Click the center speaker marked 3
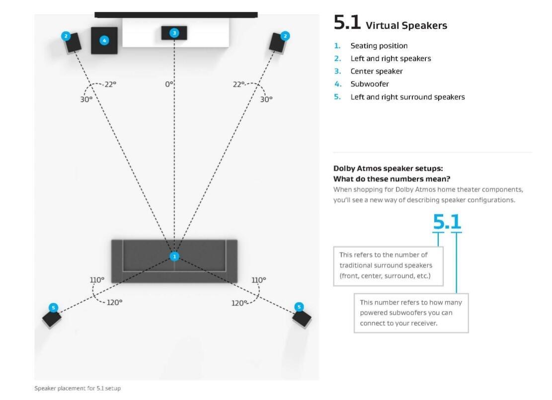click(x=174, y=33)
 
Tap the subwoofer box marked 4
click(x=104, y=41)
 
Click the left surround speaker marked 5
click(x=52, y=317)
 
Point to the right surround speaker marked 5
click(x=302, y=317)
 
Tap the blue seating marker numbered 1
click(x=174, y=257)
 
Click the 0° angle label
click(x=169, y=84)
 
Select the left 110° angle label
click(x=97, y=280)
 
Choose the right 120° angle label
click(x=239, y=302)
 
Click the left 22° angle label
click(x=110, y=84)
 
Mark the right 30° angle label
click(x=266, y=99)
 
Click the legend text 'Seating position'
click(x=379, y=46)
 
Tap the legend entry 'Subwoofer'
click(x=370, y=84)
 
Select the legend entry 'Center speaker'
click(x=377, y=71)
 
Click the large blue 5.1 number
click(x=447, y=221)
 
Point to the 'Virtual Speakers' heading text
click(x=406, y=25)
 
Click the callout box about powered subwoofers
click(x=411, y=313)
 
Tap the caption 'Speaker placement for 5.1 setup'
click(x=78, y=388)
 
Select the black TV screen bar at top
click(x=176, y=15)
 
